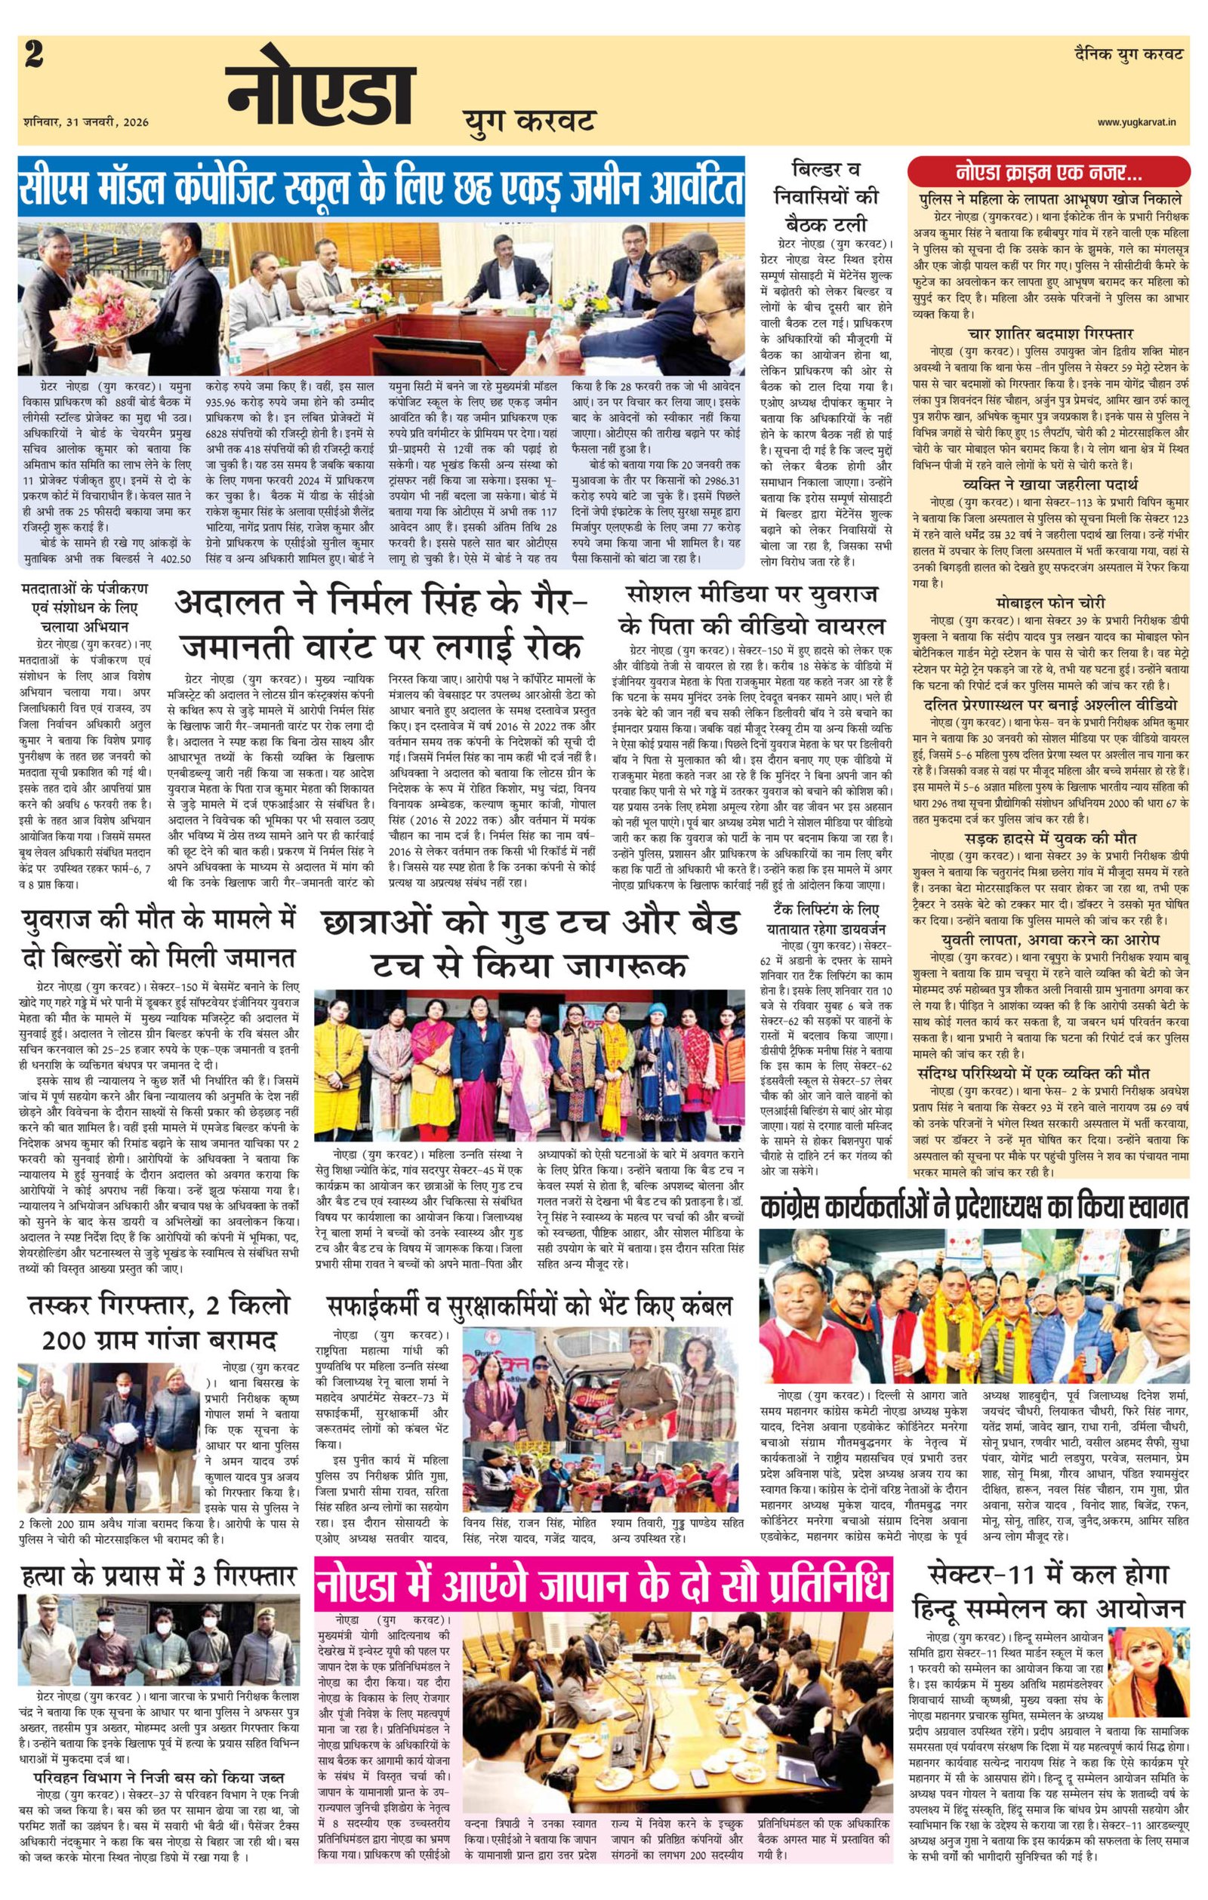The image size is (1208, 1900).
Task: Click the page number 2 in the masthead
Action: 35,57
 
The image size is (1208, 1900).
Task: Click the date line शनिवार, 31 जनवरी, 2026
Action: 86,122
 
